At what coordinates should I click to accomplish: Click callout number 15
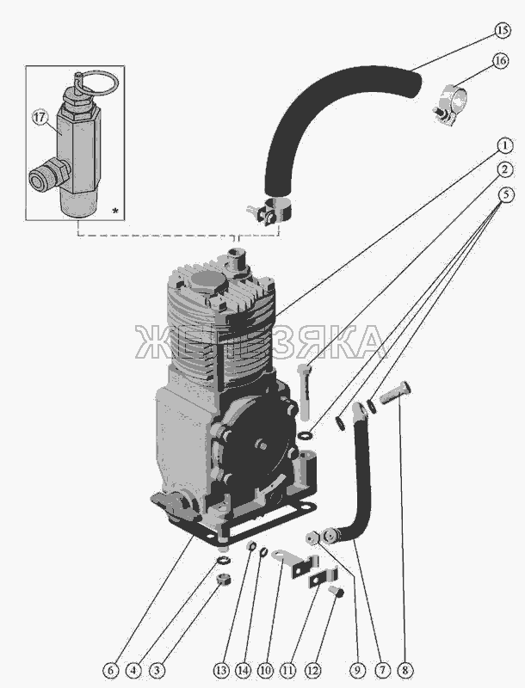point(502,31)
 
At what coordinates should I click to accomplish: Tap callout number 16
point(501,60)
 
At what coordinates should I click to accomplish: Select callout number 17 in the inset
point(39,118)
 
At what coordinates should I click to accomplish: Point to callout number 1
point(505,145)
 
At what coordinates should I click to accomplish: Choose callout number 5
point(505,194)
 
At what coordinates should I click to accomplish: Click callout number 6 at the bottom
point(110,670)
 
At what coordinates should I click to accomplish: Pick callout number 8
point(405,670)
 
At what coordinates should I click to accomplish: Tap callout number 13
point(222,670)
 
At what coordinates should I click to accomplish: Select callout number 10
point(265,670)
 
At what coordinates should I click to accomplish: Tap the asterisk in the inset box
point(115,211)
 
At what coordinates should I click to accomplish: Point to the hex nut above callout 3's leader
point(224,581)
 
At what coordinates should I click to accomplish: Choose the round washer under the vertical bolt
point(305,436)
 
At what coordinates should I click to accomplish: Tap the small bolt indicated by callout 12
point(336,592)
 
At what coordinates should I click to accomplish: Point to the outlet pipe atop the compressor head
point(237,262)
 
